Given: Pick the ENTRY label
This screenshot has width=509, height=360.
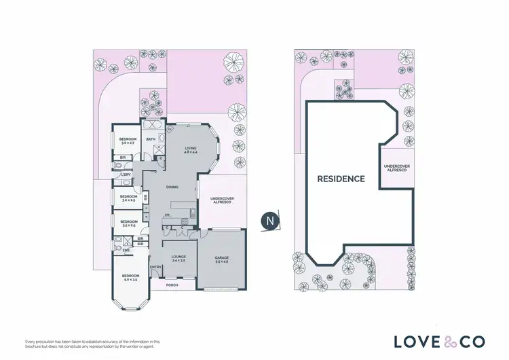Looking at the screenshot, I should pyautogui.click(x=155, y=267).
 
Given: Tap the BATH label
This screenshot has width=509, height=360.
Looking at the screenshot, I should pyautogui.click(x=151, y=139).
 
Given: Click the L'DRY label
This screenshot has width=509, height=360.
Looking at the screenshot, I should pyautogui.click(x=126, y=175).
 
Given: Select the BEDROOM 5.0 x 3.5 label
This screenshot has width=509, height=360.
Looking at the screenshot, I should pyautogui.click(x=130, y=277).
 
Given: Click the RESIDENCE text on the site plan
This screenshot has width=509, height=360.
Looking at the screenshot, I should pyautogui.click(x=341, y=179).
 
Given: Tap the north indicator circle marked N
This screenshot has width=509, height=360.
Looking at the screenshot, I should pyautogui.click(x=269, y=220).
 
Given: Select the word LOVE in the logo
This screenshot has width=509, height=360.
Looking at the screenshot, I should pyautogui.click(x=415, y=340).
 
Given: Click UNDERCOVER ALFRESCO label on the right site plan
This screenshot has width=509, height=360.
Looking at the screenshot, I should pyautogui.click(x=396, y=168).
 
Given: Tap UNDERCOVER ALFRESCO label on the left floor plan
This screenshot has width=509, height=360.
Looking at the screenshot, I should pyautogui.click(x=219, y=200).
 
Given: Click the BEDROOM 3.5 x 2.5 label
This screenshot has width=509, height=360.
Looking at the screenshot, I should pyautogui.click(x=129, y=223).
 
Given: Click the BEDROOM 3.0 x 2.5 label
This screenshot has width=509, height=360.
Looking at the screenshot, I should pyautogui.click(x=129, y=198).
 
